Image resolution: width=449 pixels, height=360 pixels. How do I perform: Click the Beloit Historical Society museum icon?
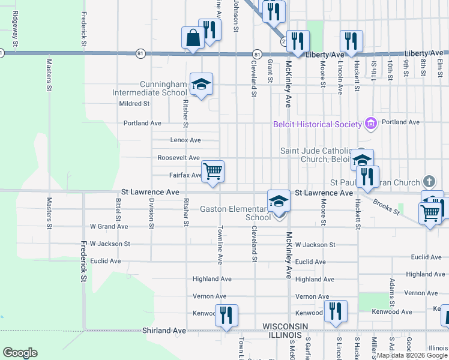[371, 124]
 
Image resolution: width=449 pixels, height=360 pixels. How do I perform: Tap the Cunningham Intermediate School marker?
[201, 84]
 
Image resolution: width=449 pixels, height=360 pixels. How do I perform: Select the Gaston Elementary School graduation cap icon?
[279, 202]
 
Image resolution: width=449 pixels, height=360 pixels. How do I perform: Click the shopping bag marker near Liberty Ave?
[193, 38]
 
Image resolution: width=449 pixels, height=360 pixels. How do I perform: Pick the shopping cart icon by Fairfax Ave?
[213, 171]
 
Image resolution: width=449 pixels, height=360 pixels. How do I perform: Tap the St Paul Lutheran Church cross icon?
[429, 181]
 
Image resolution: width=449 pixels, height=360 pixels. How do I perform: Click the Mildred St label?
[134, 104]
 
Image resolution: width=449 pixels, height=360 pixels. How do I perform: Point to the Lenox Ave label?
[185, 140]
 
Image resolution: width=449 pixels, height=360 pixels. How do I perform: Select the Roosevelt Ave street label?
[178, 158]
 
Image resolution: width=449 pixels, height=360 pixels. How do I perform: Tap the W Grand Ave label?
[109, 227]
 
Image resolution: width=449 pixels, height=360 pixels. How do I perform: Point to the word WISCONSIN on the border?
[285, 326]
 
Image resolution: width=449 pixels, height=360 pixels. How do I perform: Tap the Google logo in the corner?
[20, 353]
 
